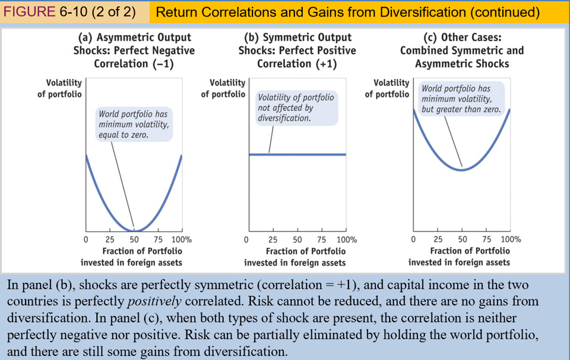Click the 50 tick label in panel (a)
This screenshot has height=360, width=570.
click(x=134, y=239)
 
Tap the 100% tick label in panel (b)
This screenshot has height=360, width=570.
click(x=347, y=239)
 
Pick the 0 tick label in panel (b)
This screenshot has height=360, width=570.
click(x=248, y=239)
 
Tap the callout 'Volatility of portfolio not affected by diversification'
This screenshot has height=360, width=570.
click(x=296, y=108)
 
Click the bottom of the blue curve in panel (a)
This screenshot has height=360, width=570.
click(x=134, y=230)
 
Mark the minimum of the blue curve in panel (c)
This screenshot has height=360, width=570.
click(x=461, y=170)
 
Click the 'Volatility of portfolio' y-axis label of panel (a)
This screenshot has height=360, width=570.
click(x=59, y=89)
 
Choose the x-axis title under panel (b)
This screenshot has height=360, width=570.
click(x=295, y=257)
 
